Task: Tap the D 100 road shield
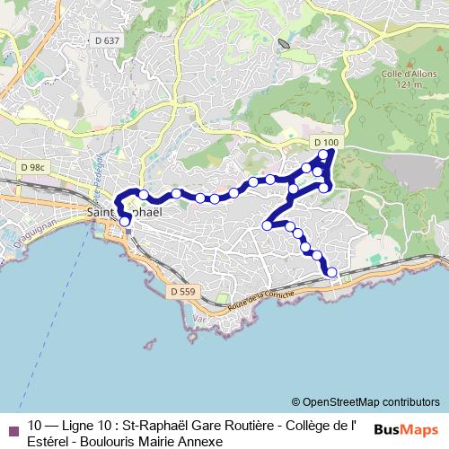327,143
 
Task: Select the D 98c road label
33,166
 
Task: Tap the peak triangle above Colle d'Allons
394,63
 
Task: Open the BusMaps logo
406,429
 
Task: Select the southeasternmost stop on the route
331,272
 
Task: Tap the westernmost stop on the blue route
124,214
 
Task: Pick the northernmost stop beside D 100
324,154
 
